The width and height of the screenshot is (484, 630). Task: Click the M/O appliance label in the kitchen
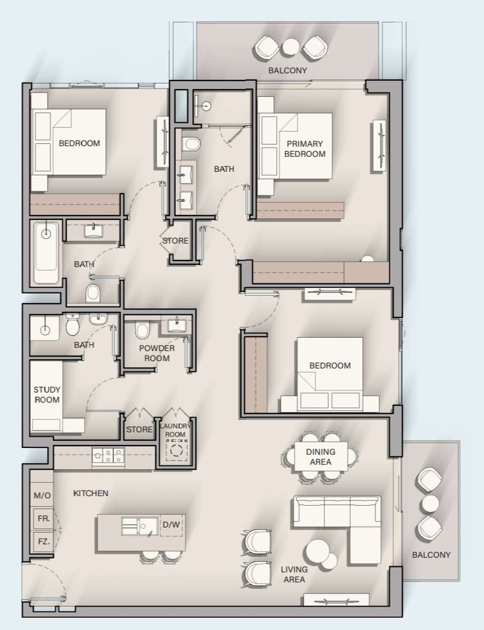42,496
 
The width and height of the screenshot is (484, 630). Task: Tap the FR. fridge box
44,519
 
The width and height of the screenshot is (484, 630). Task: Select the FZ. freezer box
44,541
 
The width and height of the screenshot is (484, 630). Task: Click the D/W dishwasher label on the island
171,524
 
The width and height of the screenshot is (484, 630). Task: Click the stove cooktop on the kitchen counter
108,456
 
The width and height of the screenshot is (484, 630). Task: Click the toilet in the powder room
142,330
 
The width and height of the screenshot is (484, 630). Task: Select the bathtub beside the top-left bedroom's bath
46,253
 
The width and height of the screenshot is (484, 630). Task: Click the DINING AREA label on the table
320,457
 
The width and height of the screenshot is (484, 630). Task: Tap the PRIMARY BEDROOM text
305,148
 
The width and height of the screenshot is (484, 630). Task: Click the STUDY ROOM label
47,395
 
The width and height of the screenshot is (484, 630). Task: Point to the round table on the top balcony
290,47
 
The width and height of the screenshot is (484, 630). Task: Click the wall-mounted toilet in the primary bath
191,144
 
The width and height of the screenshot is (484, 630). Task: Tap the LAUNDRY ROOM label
175,430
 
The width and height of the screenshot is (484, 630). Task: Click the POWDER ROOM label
157,353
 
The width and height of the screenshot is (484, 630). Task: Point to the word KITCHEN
90,493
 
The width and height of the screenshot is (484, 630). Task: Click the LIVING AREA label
294,574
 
